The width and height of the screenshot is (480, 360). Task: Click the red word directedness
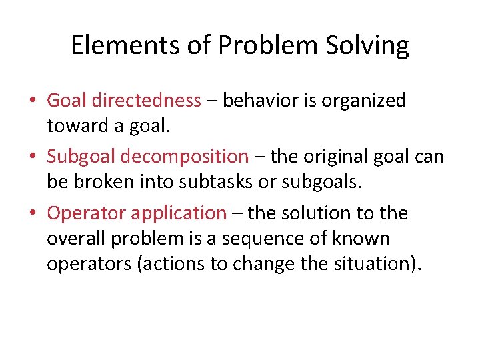[146, 101]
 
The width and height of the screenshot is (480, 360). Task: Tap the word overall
[75, 238]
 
